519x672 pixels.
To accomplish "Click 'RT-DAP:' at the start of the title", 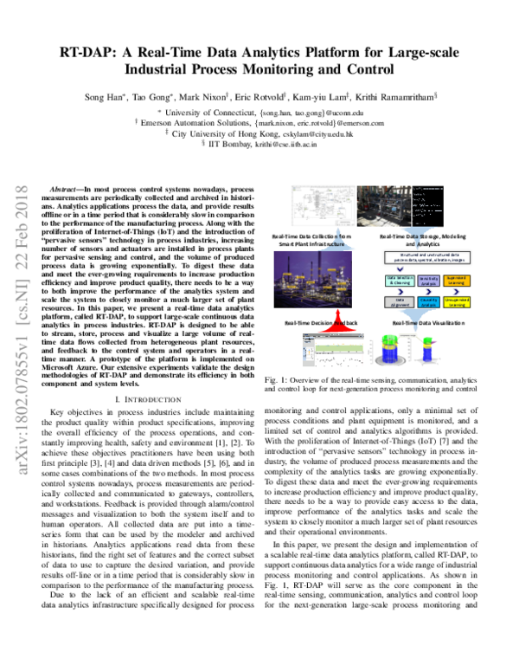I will pyautogui.click(x=99, y=50).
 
